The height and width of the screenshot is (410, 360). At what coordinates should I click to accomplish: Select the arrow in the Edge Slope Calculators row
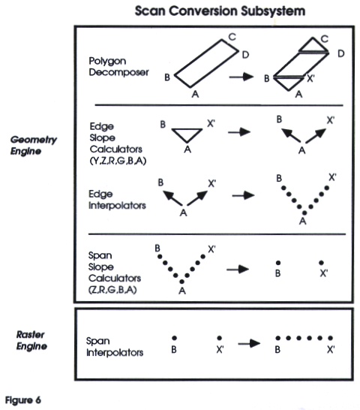(239, 131)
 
